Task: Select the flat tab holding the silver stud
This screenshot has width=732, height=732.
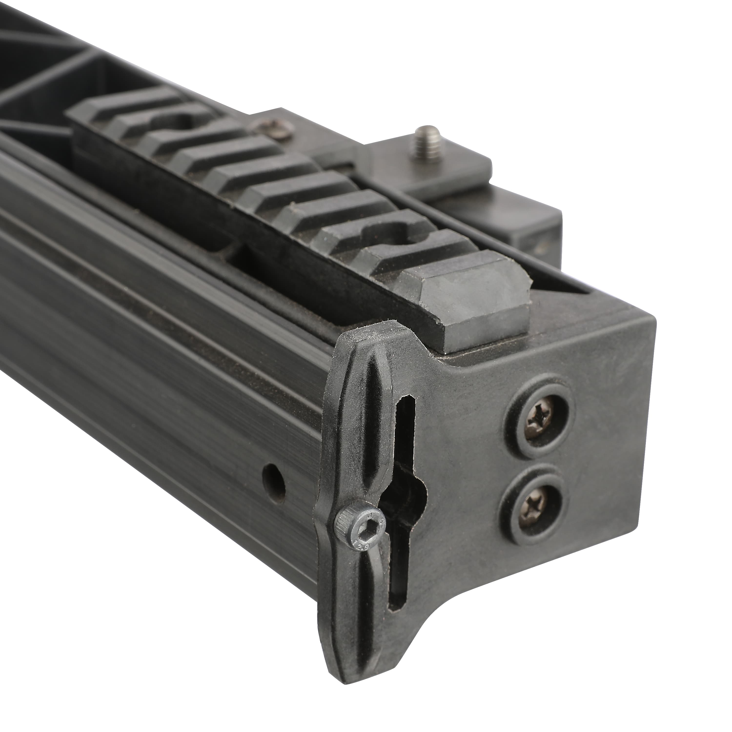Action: [455, 159]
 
